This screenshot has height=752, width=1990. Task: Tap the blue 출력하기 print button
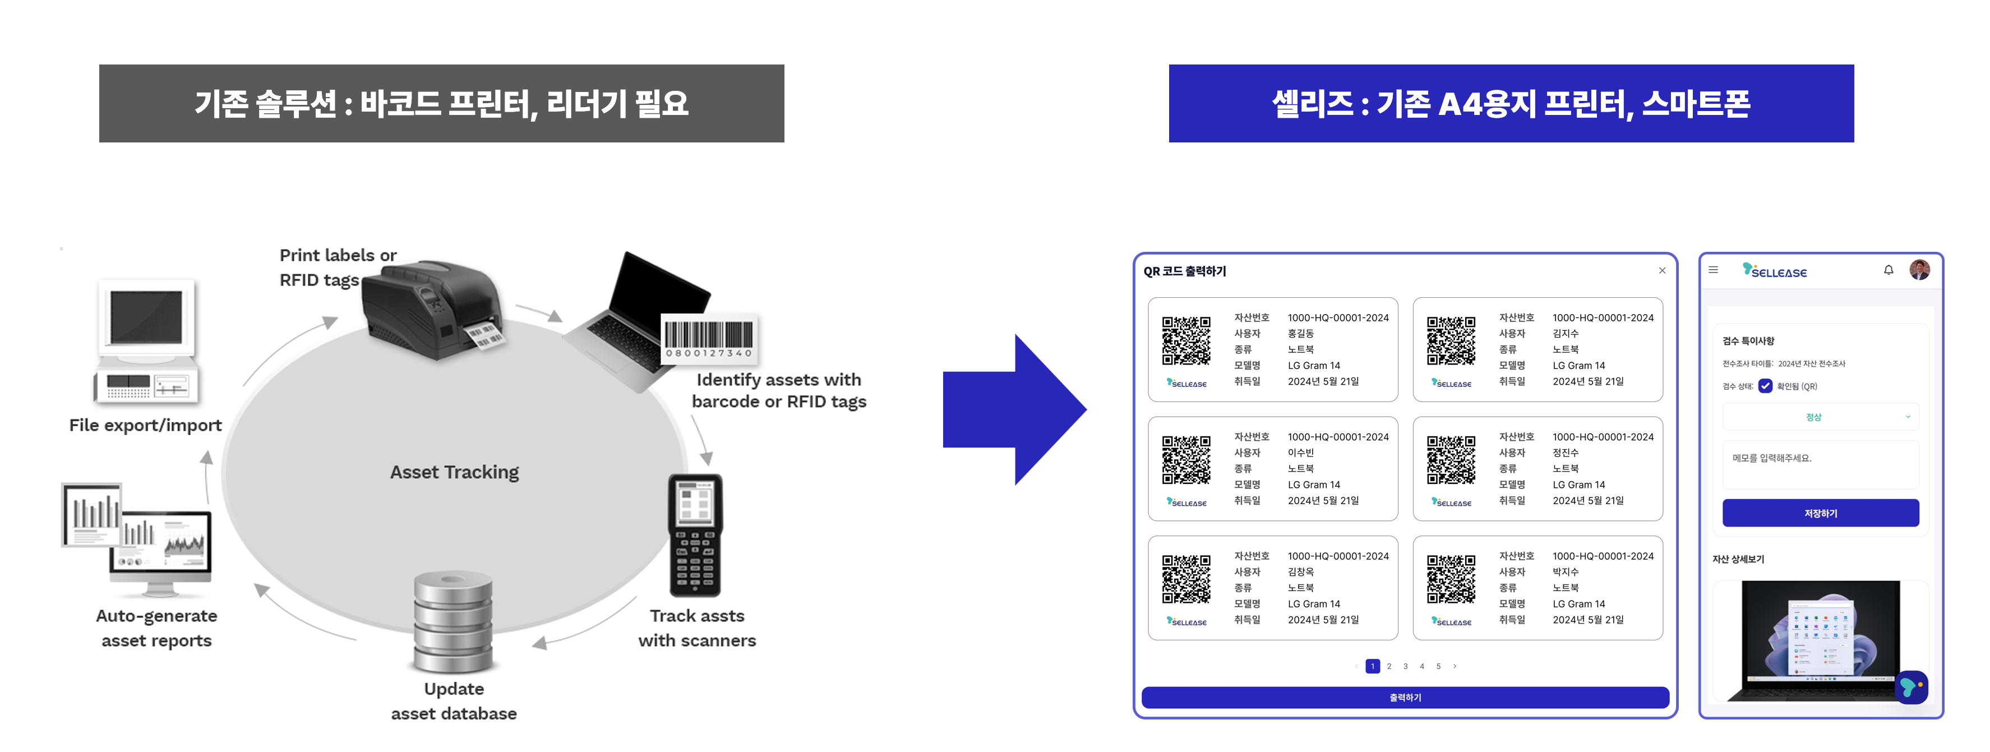(x=1405, y=697)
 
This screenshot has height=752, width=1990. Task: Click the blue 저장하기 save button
(x=1820, y=513)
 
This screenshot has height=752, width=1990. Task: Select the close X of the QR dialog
(x=1661, y=270)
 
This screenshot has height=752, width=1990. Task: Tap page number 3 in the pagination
(x=1405, y=666)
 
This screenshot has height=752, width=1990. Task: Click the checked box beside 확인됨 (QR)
(x=1765, y=386)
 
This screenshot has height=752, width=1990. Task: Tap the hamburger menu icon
(x=1714, y=270)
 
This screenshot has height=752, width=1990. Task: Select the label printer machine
(x=433, y=309)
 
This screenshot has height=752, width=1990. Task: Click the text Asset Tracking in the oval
(x=454, y=472)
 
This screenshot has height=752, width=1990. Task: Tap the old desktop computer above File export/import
(x=147, y=340)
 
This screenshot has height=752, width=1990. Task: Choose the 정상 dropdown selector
(x=1820, y=417)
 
